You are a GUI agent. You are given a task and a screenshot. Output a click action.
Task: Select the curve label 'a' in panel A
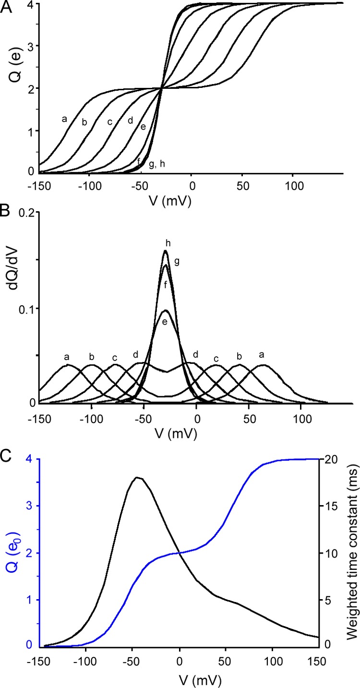click(x=64, y=119)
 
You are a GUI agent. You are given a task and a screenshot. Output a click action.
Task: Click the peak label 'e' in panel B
click(x=165, y=322)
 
